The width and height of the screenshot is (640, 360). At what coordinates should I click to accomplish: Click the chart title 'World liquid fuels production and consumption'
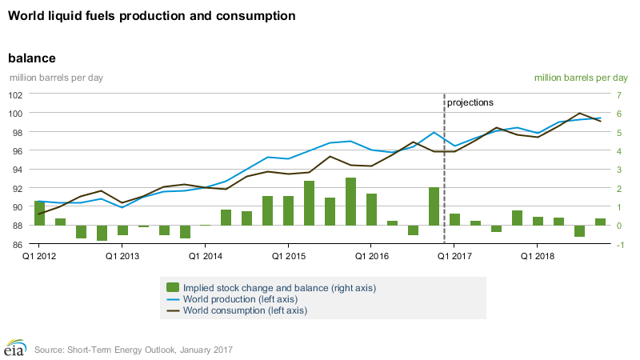151,16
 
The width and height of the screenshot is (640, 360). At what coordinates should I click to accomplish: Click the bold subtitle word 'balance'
31,58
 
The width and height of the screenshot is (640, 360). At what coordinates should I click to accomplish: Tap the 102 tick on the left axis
15,94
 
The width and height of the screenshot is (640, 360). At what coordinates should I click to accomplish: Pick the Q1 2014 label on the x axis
206,257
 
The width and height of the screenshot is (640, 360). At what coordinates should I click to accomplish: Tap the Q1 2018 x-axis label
538,257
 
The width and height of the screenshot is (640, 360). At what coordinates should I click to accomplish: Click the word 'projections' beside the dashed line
470,103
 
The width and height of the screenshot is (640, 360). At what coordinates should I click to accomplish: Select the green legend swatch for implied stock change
172,287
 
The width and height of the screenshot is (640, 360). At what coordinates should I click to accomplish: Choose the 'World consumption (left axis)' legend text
245,310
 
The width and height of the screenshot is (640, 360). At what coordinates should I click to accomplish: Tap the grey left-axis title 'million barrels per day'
56,78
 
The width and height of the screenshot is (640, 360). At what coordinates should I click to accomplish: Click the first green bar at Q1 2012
39,213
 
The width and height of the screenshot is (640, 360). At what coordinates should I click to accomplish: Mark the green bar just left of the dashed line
434,206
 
